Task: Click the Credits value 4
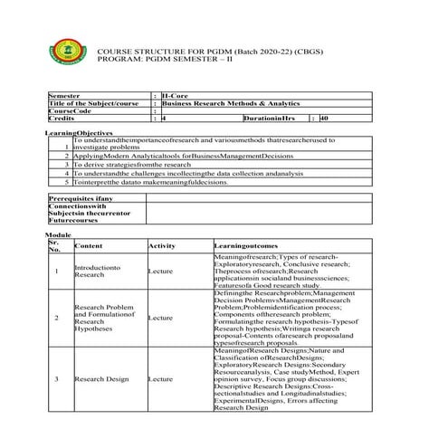164,118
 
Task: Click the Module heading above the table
57,234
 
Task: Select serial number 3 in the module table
57,379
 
